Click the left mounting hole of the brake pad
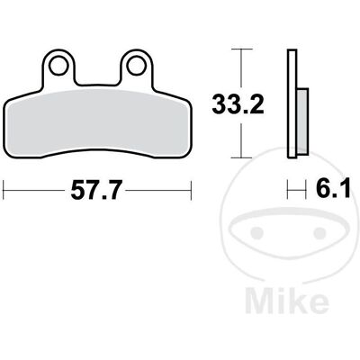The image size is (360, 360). point(58,66)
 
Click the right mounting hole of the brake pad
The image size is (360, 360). point(136,66)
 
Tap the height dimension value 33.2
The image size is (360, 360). point(238,104)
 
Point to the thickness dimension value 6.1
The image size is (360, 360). point(333,189)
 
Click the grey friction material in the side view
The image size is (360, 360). point(302,121)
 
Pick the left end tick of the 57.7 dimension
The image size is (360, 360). point(3,190)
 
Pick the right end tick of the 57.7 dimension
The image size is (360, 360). point(191,190)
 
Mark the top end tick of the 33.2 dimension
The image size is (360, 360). point(242,49)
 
